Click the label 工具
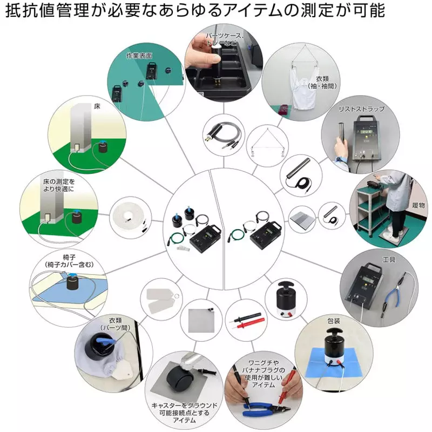[x=389, y=260]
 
